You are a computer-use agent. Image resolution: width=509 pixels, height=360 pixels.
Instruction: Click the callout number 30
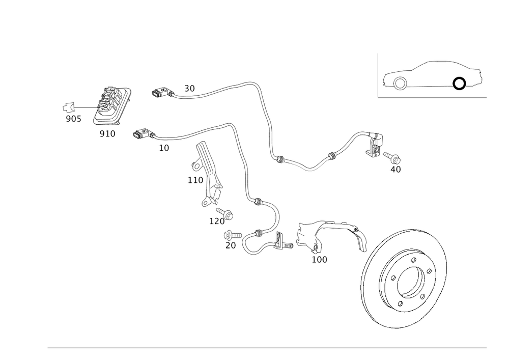pos(189,89)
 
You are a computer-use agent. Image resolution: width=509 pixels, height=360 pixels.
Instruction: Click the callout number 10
pos(163,147)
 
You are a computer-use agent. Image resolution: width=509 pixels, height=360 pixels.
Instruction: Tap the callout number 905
pos(73,119)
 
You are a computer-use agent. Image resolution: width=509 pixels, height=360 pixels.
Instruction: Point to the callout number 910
pos(107,133)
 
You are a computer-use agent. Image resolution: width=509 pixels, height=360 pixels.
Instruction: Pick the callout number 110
pos(195,180)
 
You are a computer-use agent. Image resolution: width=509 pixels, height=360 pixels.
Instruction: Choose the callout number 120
pos(217,221)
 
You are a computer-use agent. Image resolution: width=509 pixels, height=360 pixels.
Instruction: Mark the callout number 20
pos(230,245)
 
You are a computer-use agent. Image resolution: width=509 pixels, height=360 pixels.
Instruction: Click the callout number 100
pos(320,260)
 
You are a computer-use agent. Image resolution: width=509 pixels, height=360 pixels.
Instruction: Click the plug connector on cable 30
pos(159,93)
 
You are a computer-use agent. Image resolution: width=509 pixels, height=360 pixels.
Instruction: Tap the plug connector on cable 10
pos(141,134)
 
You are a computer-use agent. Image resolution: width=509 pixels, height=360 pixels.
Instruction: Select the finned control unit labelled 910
pos(112,106)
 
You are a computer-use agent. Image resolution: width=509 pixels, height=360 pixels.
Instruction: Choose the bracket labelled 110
pos(209,173)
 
